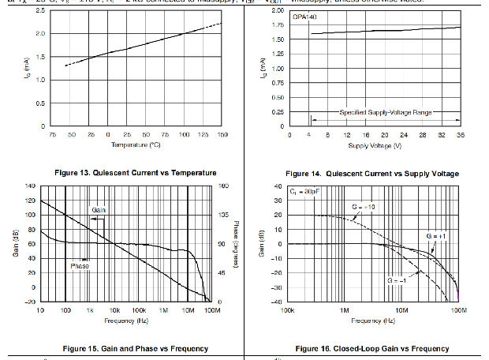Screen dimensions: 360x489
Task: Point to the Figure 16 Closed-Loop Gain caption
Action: pyautogui.click(x=372, y=348)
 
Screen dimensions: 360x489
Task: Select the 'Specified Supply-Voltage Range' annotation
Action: pyautogui.click(x=386, y=113)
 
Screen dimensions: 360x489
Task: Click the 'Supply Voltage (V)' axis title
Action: pyautogui.click(x=374, y=146)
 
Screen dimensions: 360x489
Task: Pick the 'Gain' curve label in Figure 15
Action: pyautogui.click(x=99, y=210)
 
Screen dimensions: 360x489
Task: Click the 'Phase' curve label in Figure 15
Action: pyautogui.click(x=80, y=266)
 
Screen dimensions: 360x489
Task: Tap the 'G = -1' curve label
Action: pyautogui.click(x=397, y=280)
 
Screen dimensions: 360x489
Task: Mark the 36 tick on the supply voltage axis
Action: pyautogui.click(x=460, y=136)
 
